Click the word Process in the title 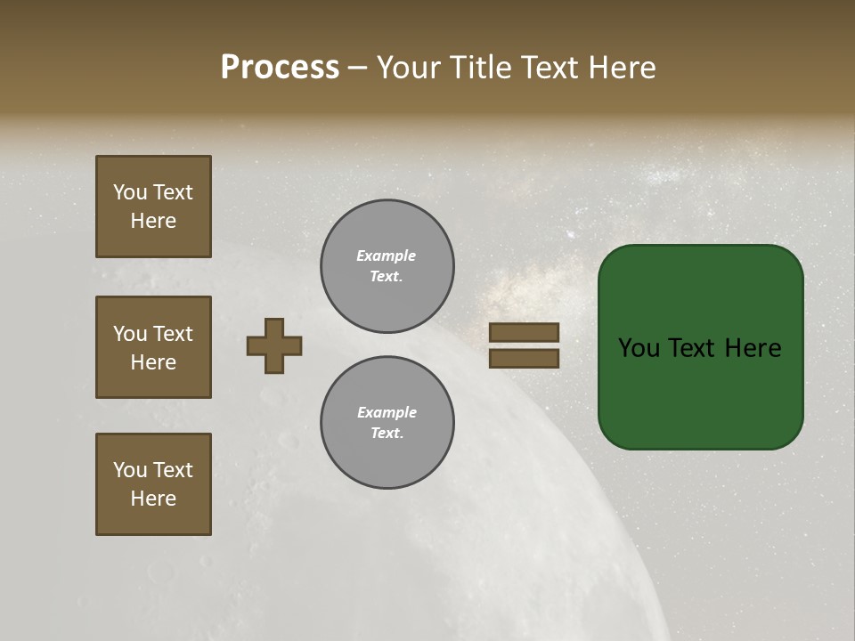tap(280, 68)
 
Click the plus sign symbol tap(274, 345)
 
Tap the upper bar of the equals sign tap(525, 333)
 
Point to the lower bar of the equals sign tap(525, 358)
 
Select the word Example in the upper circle tap(387, 256)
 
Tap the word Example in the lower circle tap(387, 412)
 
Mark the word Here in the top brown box tap(153, 221)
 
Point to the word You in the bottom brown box tap(130, 470)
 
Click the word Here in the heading tap(623, 68)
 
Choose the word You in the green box tap(639, 348)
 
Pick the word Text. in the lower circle tap(387, 433)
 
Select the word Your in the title tap(410, 68)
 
